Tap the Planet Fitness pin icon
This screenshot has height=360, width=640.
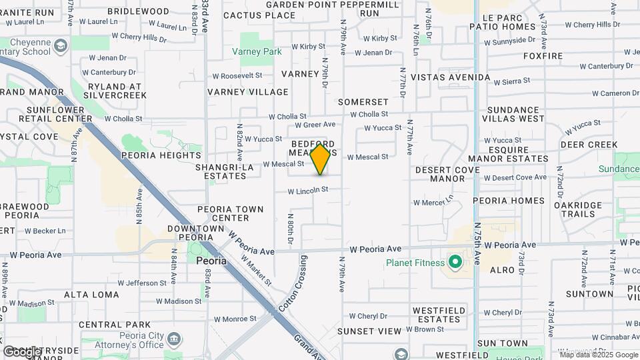pos(455,262)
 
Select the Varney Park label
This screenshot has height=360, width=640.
pos(257,51)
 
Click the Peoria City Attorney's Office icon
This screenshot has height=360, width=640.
pos(174,339)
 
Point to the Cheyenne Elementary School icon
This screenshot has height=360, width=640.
pos(61,46)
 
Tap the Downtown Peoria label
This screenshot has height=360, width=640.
pos(195,233)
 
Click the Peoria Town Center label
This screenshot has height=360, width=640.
pos(230,213)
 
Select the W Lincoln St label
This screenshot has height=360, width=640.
pos(308,190)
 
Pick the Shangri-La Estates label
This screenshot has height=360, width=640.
pos(221,171)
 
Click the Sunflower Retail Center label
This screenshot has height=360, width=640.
pos(59,114)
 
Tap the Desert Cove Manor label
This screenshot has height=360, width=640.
pos(448,174)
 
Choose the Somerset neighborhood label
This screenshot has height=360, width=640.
pos(363,102)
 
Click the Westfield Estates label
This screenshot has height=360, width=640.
pos(436,315)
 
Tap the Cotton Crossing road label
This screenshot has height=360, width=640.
pos(292,284)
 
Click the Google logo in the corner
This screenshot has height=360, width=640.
pos(22,351)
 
